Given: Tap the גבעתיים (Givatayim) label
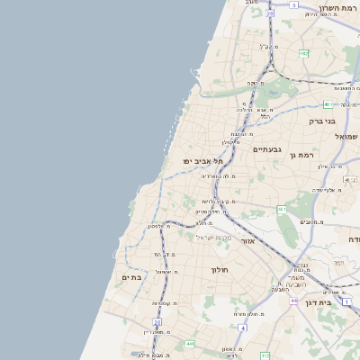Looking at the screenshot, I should point(267,149).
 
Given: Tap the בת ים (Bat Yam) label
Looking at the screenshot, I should point(132,277).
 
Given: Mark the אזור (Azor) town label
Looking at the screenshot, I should point(250,241).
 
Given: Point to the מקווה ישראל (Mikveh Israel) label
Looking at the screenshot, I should point(213,238).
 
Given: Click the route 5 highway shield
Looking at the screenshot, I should point(293,4).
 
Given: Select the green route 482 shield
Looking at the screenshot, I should point(303,54).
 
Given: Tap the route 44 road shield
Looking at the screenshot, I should point(293,300).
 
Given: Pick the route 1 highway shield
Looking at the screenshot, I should point(346,301).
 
